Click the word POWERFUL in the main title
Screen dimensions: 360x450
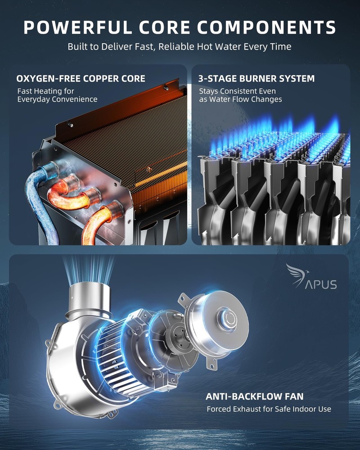pos(78,27)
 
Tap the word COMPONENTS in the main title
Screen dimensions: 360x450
pos(267,27)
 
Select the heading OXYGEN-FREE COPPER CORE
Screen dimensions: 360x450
pos(81,79)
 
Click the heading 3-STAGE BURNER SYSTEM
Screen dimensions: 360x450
pos(256,79)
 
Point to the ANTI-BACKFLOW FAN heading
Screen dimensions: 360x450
pos(255,396)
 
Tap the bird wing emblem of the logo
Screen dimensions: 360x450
pos(297,275)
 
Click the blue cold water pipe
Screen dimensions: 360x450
pos(40,201)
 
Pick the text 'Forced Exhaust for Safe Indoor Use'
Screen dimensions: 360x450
pos(269,409)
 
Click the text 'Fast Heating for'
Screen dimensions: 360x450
pos(45,91)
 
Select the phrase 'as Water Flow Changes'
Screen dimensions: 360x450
pos(241,99)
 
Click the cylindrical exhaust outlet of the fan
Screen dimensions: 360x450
pos(89,298)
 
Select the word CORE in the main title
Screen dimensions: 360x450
pos(165,27)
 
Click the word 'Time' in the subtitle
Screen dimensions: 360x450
pos(280,46)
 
